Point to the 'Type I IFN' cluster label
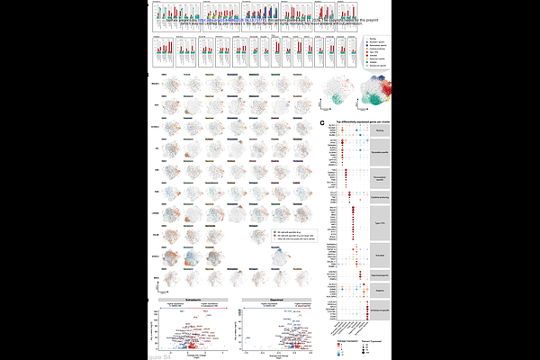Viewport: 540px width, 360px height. (x=379, y=220)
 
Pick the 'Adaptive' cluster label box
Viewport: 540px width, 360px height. (x=379, y=291)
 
